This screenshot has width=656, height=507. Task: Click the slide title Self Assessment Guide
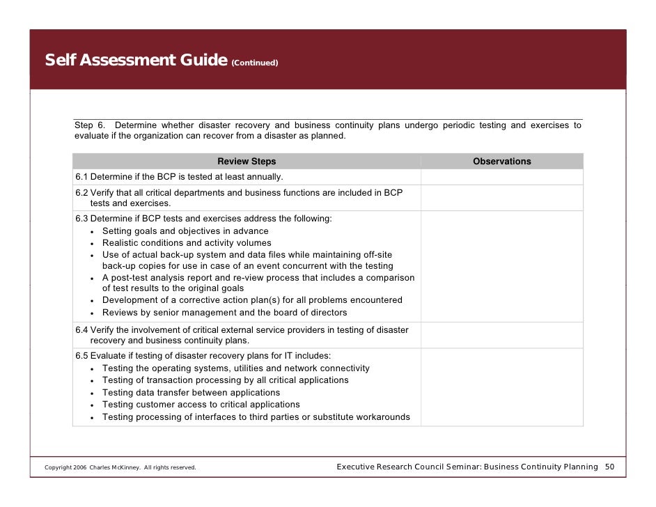point(135,60)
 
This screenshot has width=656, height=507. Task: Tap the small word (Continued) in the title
point(255,63)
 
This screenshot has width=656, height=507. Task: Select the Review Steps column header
point(247,162)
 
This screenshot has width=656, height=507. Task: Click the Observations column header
point(501,162)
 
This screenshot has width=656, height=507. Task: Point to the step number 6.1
point(81,177)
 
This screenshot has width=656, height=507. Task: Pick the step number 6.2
point(81,192)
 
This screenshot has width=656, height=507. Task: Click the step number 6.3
point(81,219)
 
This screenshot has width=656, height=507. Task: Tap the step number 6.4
point(81,330)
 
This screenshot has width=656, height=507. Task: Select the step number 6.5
point(81,356)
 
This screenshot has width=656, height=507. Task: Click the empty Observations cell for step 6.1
point(501,177)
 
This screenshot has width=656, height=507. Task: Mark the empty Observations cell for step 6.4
point(501,335)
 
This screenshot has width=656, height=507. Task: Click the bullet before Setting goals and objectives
point(93,232)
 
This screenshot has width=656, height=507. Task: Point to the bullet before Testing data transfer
point(93,393)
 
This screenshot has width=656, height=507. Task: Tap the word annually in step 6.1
point(266,177)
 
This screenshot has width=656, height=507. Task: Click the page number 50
point(609,467)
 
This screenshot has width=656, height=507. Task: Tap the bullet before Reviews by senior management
point(93,313)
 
